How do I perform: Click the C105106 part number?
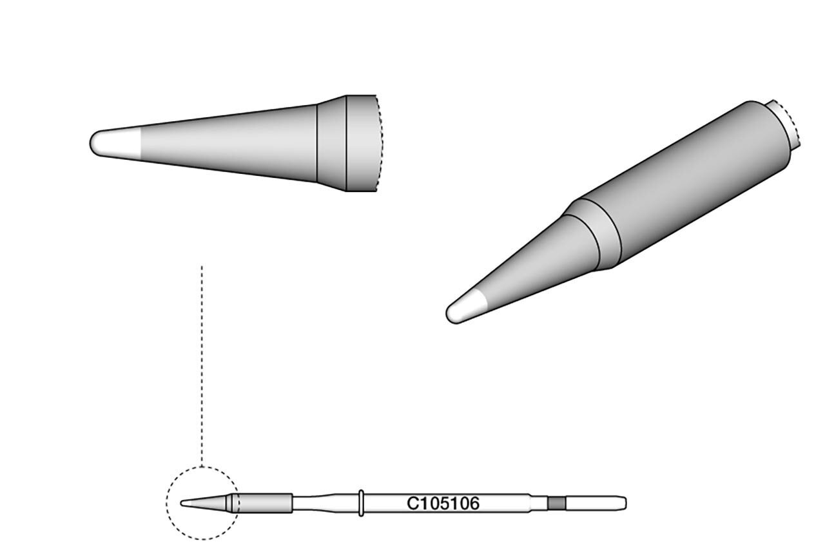[x=443, y=503]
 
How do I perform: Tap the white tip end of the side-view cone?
[x=115, y=144]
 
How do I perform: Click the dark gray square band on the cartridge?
[x=556, y=503]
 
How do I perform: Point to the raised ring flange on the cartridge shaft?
[x=361, y=503]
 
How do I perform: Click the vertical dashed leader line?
[x=202, y=366]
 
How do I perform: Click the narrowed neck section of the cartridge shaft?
[x=316, y=503]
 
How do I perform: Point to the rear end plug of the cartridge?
[x=596, y=503]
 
